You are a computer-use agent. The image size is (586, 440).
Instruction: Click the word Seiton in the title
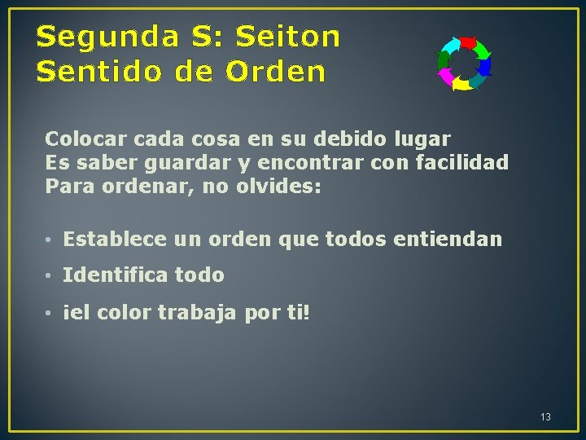[x=287, y=37]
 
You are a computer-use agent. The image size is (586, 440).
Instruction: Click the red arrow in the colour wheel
[x=467, y=42]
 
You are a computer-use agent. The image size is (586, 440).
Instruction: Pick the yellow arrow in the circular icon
[x=461, y=83]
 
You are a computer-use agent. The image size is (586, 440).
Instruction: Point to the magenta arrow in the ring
[x=445, y=77]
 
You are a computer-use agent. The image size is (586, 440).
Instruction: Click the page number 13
[x=545, y=417]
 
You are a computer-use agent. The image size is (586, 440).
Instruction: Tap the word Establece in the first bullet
[x=116, y=240]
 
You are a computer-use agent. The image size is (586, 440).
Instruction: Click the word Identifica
[x=110, y=275]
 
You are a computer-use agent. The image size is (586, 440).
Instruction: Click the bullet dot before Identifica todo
[x=50, y=276]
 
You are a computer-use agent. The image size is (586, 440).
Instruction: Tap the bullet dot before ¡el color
[x=50, y=312]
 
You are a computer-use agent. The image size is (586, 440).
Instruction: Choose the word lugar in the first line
[x=424, y=139]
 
